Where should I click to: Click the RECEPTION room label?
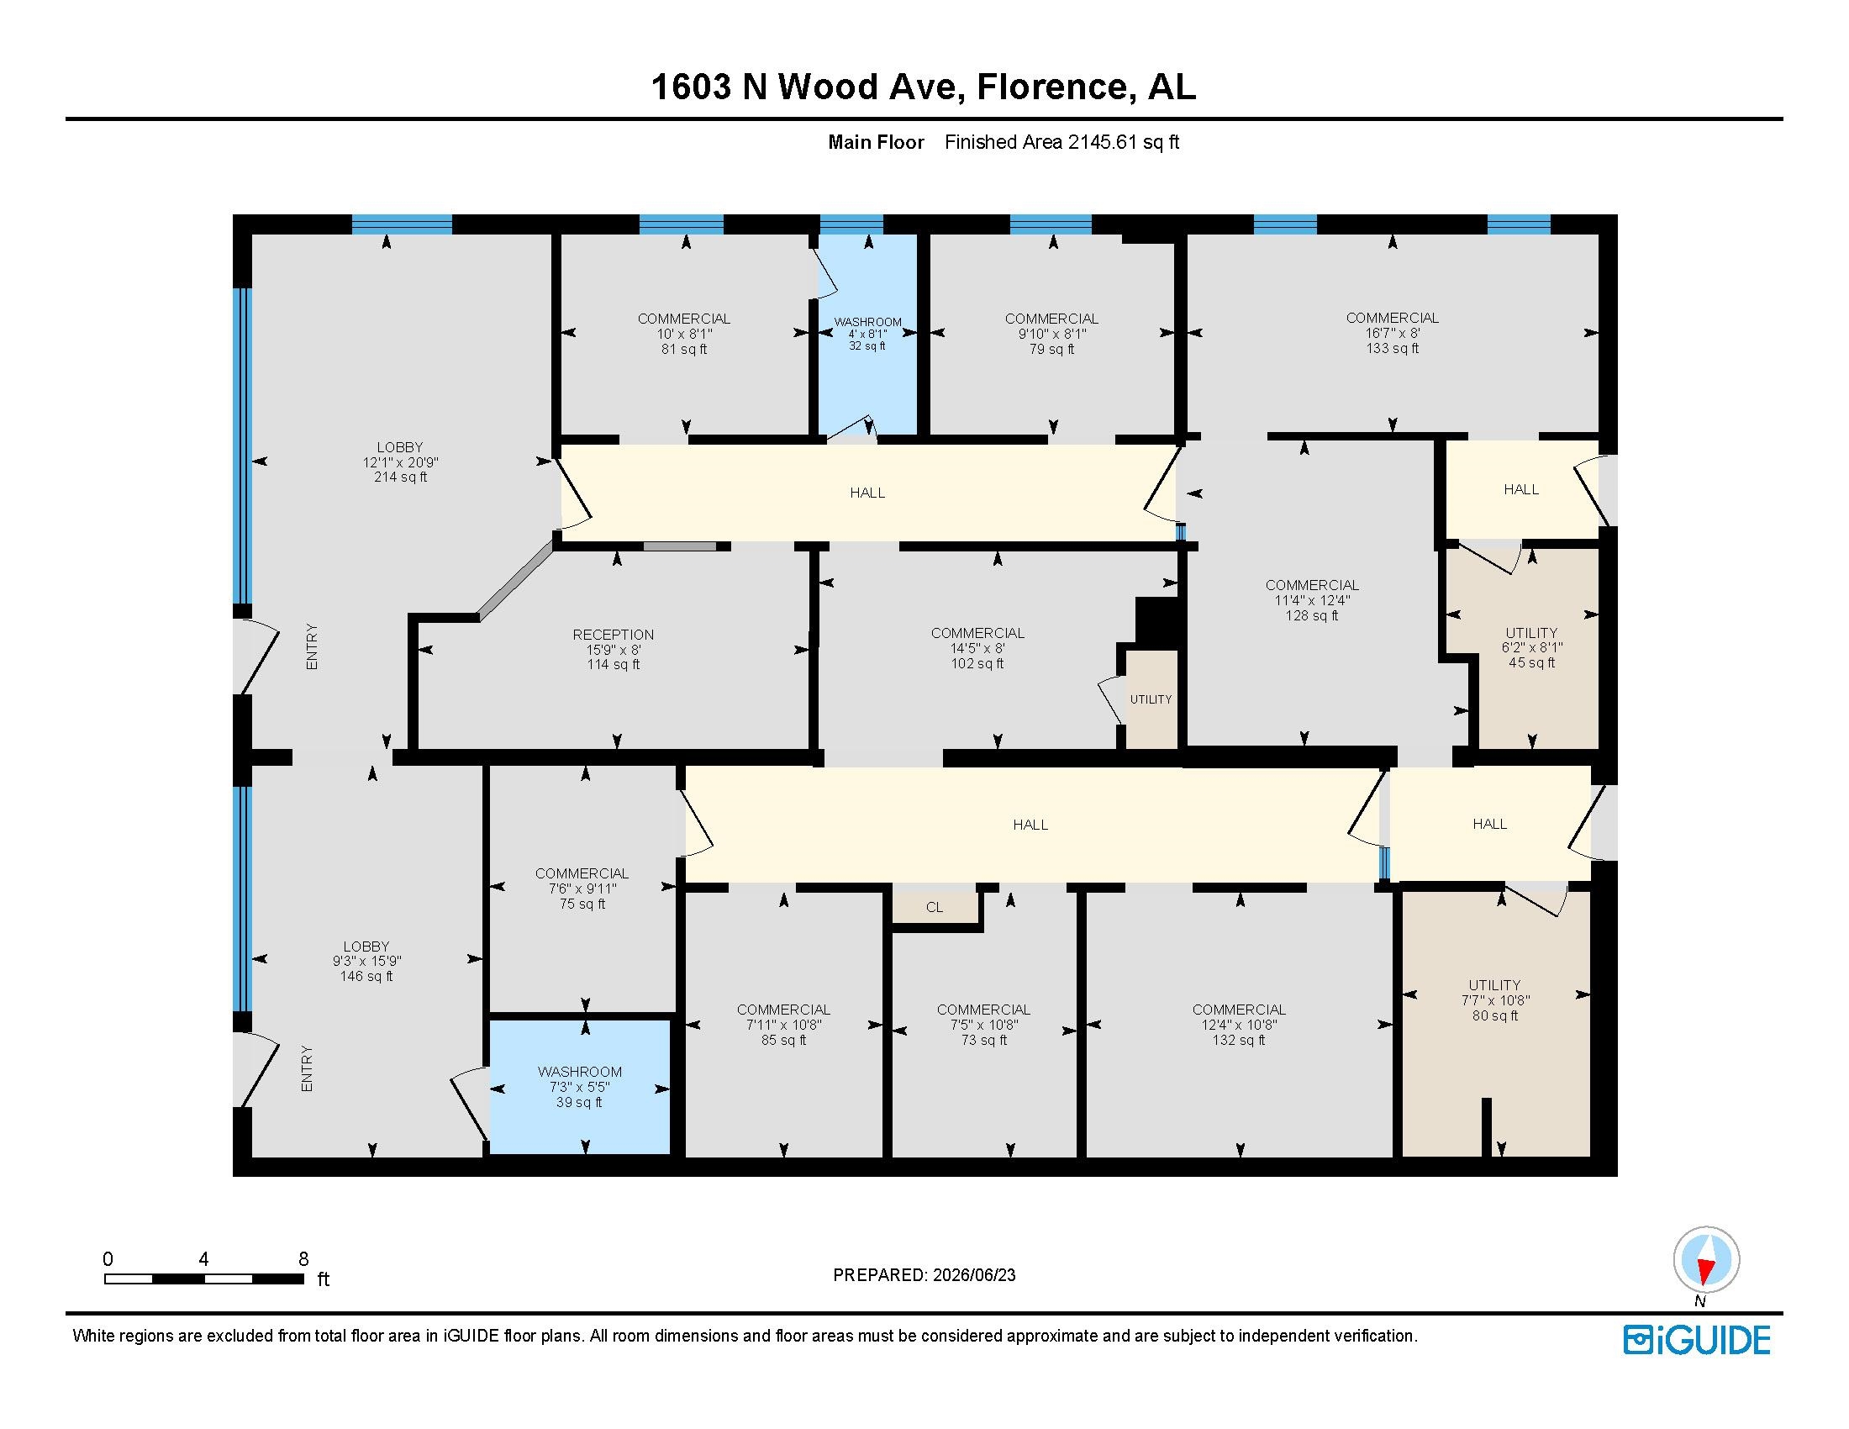[x=613, y=634]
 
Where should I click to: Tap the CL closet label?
[x=934, y=908]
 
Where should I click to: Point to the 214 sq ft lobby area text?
[x=400, y=477]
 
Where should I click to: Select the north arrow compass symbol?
[x=1706, y=1259]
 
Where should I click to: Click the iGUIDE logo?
[x=1697, y=1340]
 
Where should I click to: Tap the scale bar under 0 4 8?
[x=204, y=1279]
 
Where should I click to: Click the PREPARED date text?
[x=924, y=1275]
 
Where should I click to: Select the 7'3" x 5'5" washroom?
[x=579, y=1087]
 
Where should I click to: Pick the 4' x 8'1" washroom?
[x=868, y=334]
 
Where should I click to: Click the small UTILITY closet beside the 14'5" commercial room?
[x=1151, y=699]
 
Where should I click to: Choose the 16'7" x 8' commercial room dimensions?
[x=1392, y=333]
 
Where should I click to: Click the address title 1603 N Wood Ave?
[x=808, y=87]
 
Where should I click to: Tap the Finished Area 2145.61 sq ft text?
[x=1061, y=142]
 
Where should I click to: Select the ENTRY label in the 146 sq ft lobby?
[x=307, y=1068]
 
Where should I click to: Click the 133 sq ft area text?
[x=1392, y=348]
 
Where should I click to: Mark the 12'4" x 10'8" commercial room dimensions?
[x=1239, y=1025]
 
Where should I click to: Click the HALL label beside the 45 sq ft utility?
[x=1520, y=489]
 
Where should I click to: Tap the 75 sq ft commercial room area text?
[x=582, y=904]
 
